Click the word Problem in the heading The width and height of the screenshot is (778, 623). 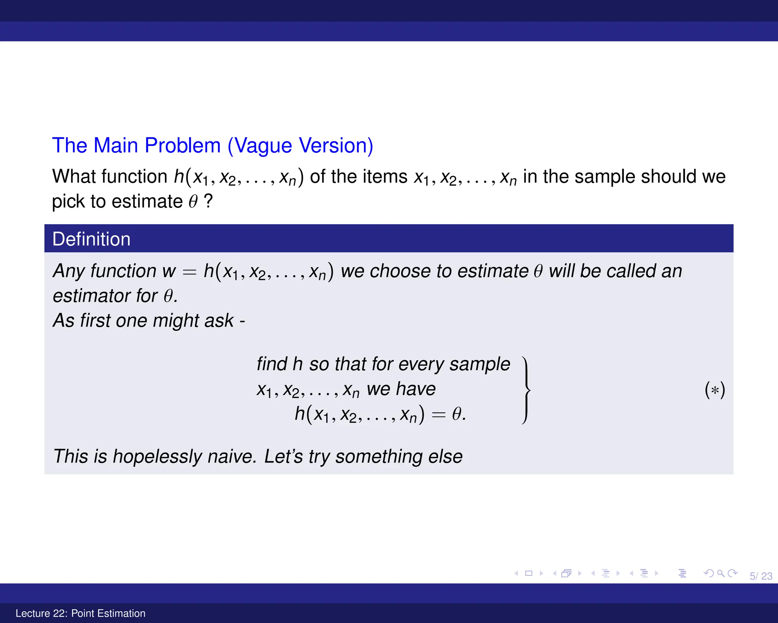(x=182, y=146)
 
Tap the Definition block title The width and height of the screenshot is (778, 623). (x=91, y=239)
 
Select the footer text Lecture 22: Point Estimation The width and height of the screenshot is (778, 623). (x=81, y=613)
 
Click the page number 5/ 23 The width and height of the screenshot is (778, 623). (x=761, y=576)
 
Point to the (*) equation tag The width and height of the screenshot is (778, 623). (x=715, y=390)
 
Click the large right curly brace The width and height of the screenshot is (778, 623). (x=526, y=390)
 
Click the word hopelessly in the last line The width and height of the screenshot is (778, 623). (x=157, y=457)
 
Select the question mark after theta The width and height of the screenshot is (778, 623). (x=208, y=201)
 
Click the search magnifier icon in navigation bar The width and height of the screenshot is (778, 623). (x=721, y=573)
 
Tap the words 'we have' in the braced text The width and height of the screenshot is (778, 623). (x=401, y=389)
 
